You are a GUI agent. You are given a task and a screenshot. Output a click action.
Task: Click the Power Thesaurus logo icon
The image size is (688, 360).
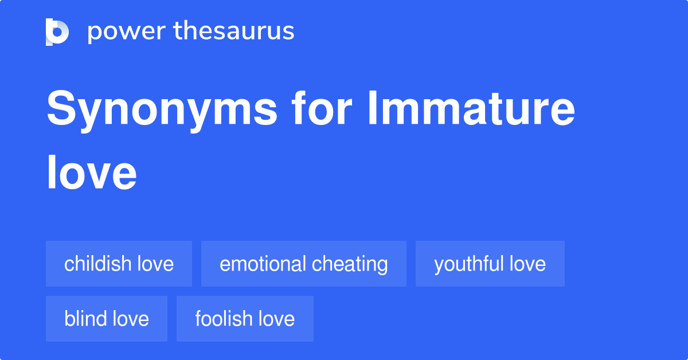click(57, 32)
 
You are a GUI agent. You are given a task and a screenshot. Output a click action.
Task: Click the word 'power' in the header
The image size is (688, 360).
click(127, 32)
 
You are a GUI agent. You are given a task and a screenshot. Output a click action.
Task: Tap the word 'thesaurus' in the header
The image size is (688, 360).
click(234, 30)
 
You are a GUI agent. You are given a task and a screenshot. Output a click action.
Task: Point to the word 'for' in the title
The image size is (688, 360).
click(322, 108)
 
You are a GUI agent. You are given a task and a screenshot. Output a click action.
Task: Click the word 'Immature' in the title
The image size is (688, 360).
click(471, 108)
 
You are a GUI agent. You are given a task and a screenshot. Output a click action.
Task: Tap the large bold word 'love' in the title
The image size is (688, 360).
click(92, 173)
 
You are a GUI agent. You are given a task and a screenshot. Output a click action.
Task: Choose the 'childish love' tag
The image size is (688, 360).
click(119, 264)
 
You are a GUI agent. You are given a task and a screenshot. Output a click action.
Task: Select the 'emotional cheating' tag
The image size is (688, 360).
click(304, 264)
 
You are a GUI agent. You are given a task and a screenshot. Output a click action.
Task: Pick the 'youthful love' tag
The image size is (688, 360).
click(490, 264)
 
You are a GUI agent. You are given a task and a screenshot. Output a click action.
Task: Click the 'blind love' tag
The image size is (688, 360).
click(107, 319)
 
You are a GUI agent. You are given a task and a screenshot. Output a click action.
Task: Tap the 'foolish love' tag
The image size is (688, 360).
click(245, 319)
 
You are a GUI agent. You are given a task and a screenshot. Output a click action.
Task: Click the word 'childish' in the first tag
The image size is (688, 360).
click(97, 264)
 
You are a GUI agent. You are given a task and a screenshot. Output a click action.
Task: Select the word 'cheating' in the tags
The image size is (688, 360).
click(350, 265)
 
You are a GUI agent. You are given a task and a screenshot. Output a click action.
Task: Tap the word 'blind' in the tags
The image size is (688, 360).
click(85, 319)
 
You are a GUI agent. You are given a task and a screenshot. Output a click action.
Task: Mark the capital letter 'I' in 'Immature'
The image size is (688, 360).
click(373, 108)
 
